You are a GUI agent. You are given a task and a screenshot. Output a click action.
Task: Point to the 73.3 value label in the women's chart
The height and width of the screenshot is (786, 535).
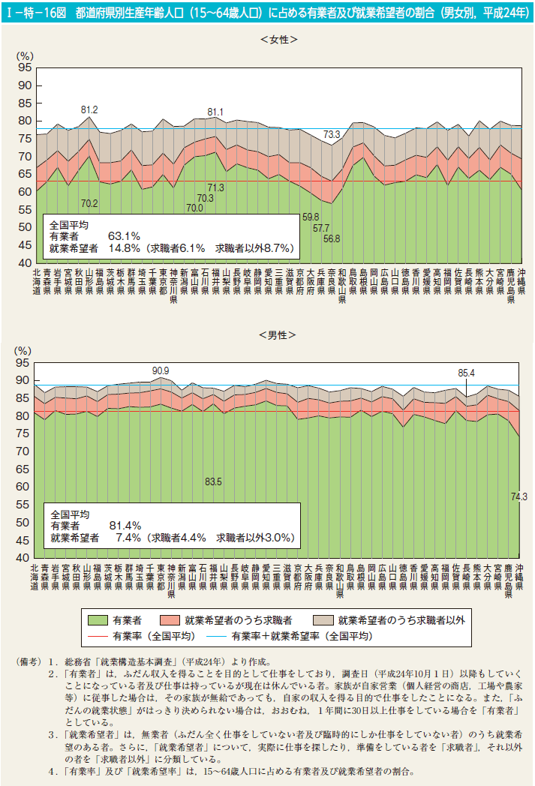click(332, 134)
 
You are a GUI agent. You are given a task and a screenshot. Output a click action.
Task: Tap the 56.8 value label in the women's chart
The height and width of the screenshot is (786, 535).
click(331, 239)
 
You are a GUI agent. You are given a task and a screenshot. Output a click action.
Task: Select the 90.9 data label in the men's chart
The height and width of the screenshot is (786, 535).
click(161, 370)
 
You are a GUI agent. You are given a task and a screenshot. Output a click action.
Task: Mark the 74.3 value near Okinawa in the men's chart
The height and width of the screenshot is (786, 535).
click(518, 496)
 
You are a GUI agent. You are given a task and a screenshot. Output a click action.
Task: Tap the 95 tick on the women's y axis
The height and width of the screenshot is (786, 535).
click(25, 67)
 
